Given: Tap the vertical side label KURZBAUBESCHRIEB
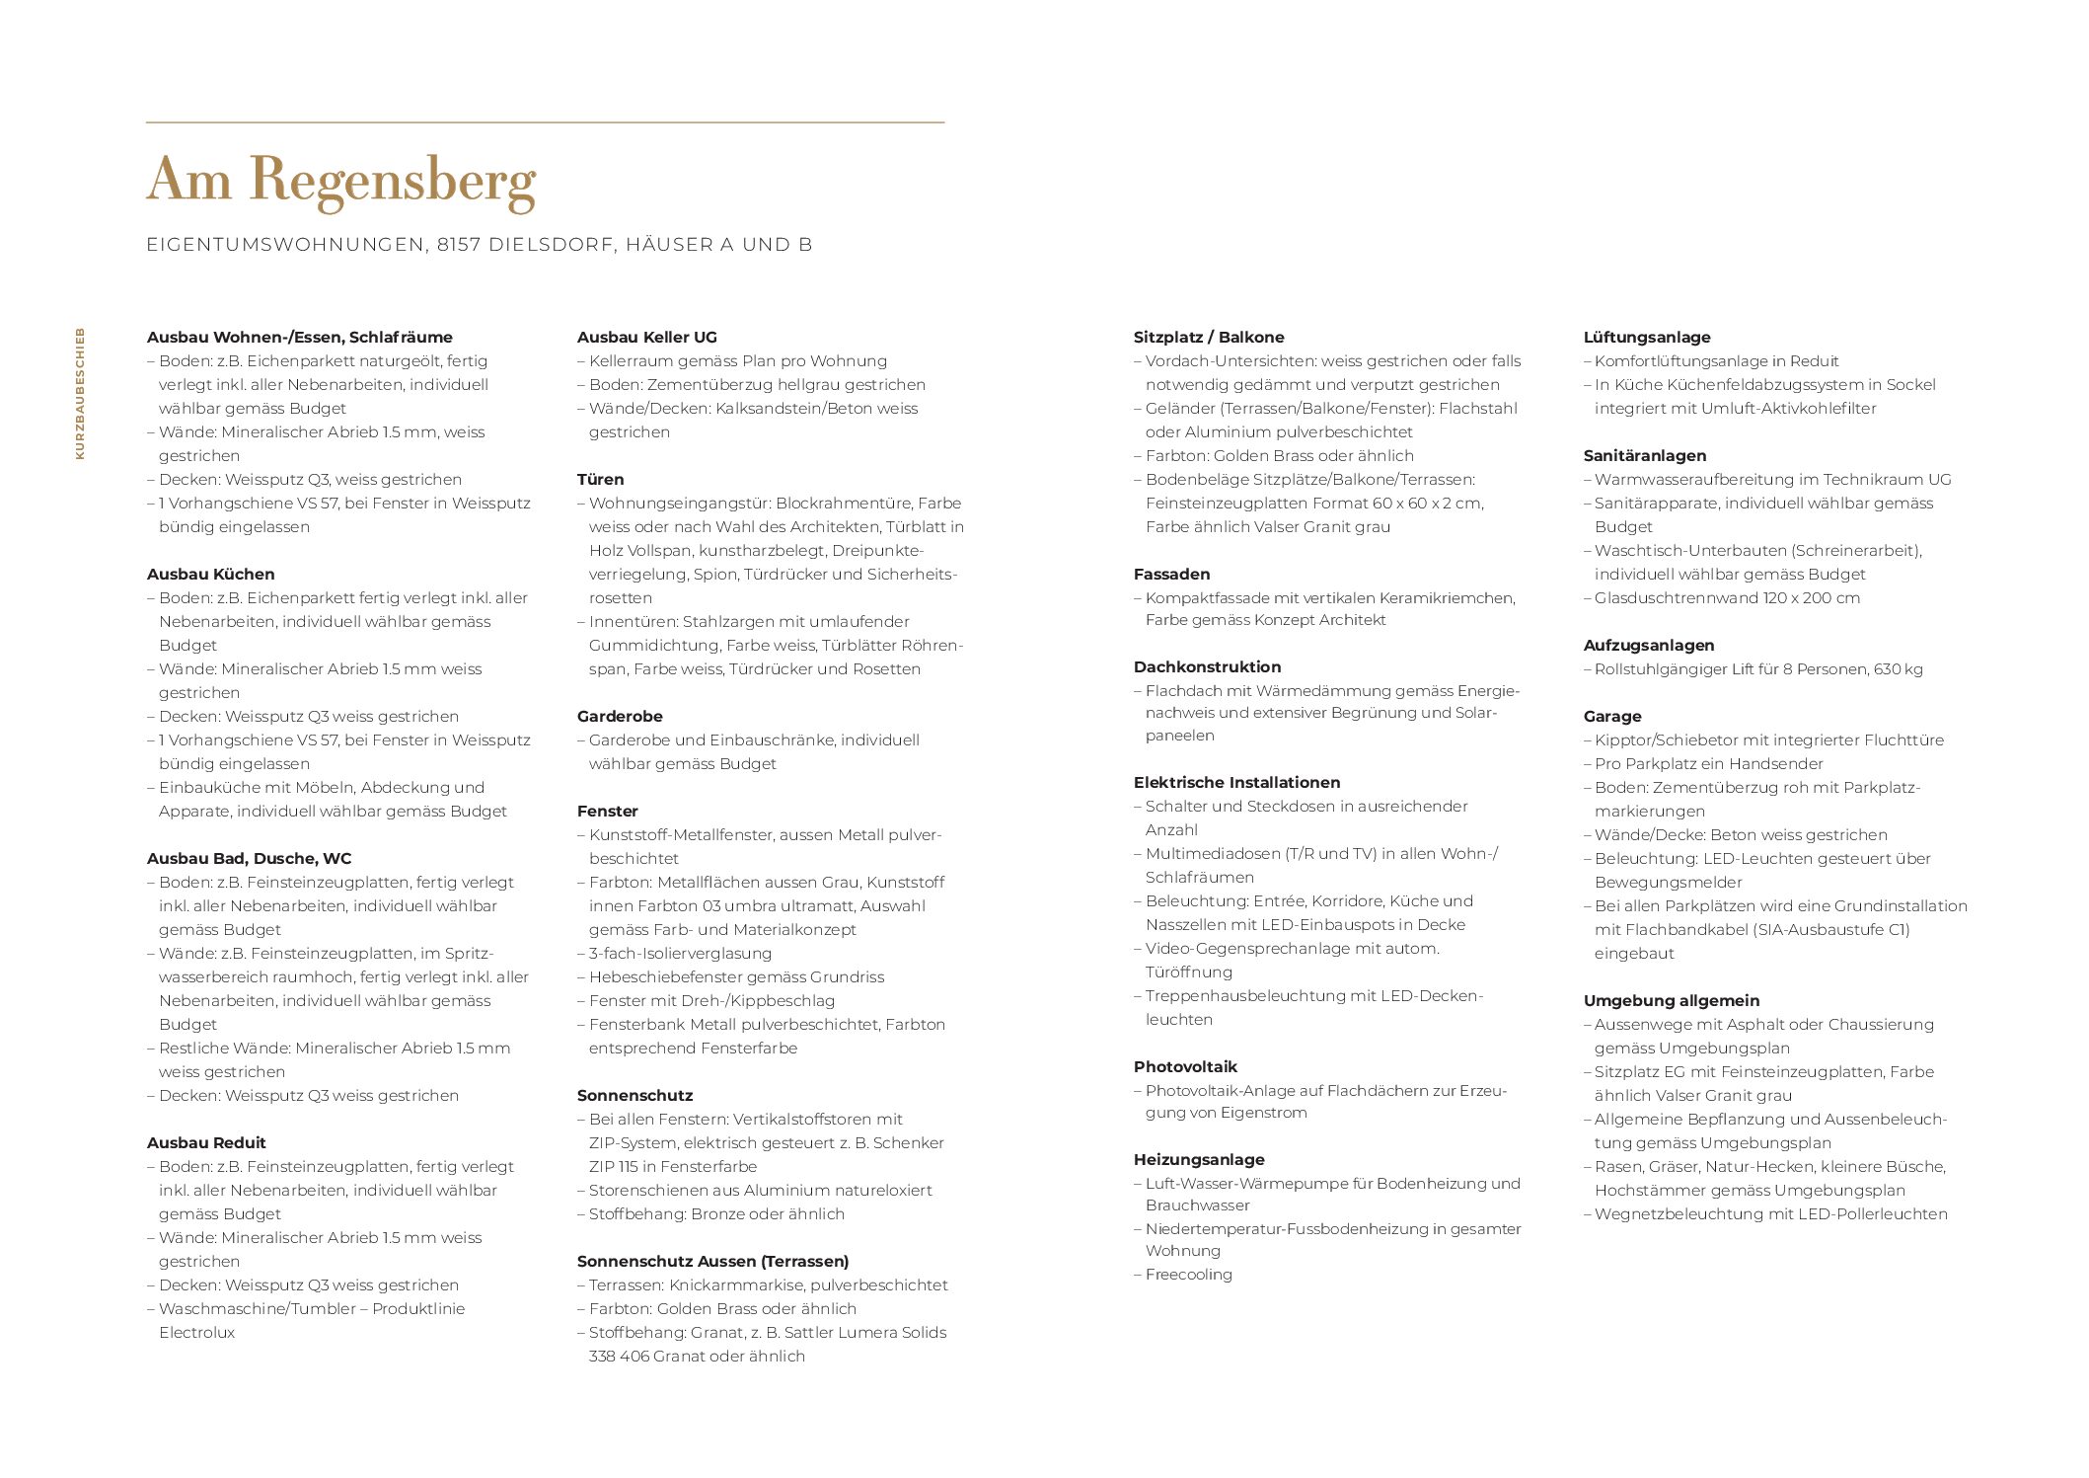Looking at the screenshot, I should click(x=80, y=393).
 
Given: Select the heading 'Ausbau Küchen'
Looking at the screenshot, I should click(x=210, y=574).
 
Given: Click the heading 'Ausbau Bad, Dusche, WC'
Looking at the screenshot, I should click(x=249, y=858).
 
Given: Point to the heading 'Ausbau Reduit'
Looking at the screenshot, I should click(x=206, y=1142).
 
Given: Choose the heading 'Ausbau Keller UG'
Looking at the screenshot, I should click(x=646, y=337).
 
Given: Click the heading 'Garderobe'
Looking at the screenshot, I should click(x=620, y=716).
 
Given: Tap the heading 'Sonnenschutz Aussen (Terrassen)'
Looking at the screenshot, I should click(x=712, y=1261).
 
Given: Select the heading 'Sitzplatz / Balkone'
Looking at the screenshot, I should click(x=1208, y=337).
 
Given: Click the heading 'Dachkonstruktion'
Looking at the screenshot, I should click(x=1207, y=666).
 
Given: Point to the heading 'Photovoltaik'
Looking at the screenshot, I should click(x=1184, y=1066).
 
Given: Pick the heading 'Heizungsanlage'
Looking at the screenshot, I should click(x=1198, y=1159).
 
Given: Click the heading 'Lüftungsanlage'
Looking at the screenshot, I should click(x=1646, y=337).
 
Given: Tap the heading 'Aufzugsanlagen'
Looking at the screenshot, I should click(x=1648, y=645).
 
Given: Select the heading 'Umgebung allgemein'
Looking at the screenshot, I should click(x=1671, y=1000).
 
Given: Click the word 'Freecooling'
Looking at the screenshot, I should click(x=1188, y=1274).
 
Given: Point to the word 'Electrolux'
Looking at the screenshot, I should click(x=196, y=1332).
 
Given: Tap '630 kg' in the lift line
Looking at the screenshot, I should click(x=1898, y=668).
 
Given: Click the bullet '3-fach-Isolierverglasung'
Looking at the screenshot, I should click(x=680, y=953).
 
